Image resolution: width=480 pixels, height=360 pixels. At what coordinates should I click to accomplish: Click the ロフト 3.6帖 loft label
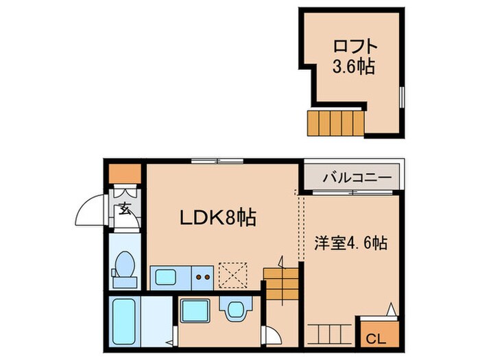tap(355, 58)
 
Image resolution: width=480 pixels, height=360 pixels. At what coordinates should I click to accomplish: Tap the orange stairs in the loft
tap(337, 123)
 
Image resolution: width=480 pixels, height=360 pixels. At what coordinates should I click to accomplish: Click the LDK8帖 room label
tap(218, 218)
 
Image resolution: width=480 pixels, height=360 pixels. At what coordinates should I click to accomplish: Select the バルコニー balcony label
tap(357, 177)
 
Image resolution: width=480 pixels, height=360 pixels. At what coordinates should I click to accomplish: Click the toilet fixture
tap(124, 267)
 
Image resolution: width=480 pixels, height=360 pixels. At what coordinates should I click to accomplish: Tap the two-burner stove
tap(203, 277)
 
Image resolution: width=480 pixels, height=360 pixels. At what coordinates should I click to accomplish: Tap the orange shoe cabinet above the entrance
tap(125, 173)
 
